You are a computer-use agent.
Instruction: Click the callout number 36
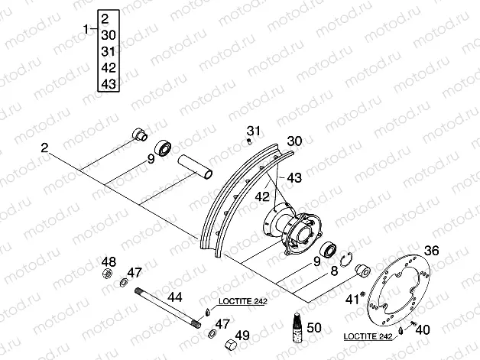pos(431,250)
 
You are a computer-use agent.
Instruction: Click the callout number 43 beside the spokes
pos(294,177)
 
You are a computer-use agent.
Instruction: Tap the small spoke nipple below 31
pos(250,140)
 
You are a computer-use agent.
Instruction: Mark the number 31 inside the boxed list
pos(107,51)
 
